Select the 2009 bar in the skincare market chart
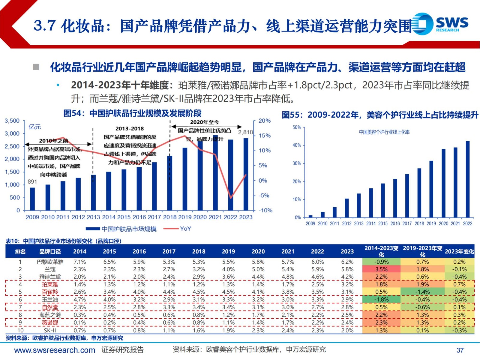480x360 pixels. coord(32,199)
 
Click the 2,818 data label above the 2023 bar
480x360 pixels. coord(245,132)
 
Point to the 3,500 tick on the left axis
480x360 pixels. coord(12,121)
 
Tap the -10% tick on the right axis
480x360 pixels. coord(265,211)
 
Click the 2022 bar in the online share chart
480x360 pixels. coord(467,179)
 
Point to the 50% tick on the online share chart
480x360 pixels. coord(297,127)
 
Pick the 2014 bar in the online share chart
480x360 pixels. coord(371,202)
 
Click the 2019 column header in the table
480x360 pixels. coord(228,252)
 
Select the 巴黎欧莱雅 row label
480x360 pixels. coord(50,262)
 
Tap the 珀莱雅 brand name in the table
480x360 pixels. coord(50,284)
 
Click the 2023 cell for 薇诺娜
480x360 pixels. coord(347,323)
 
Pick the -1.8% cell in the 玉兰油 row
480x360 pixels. coord(381,300)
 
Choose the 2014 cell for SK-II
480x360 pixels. coord(79,331)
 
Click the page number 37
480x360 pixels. coord(460,350)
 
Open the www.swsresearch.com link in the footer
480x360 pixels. coord(55,350)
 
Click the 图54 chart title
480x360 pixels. coord(132,113)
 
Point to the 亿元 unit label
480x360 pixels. coord(35,127)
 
